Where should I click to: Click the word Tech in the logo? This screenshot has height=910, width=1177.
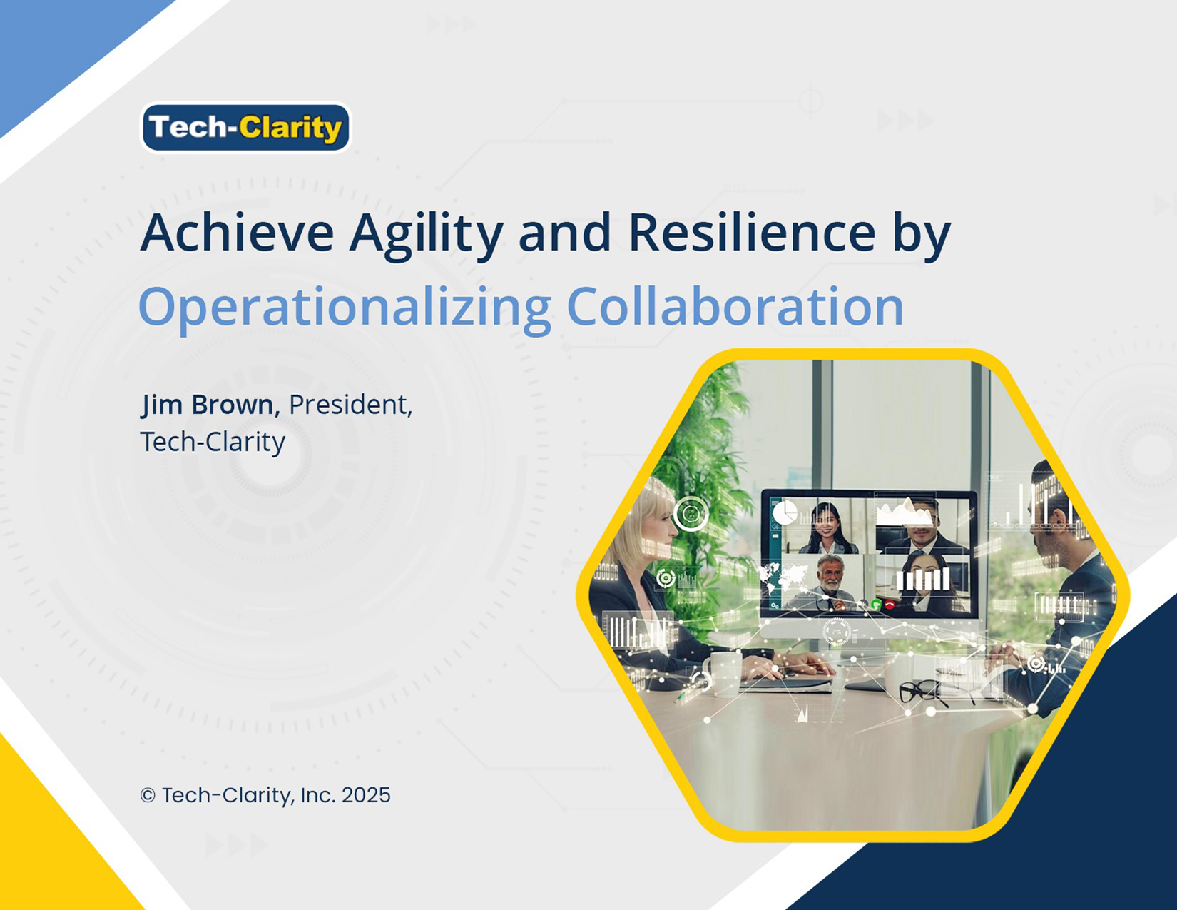pos(187,127)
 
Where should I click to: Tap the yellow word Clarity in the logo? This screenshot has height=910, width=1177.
pos(290,129)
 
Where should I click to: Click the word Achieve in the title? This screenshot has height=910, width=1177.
pos(238,233)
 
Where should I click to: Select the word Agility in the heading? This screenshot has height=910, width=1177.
pos(427,236)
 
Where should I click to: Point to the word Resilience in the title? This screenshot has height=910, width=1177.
pos(752,233)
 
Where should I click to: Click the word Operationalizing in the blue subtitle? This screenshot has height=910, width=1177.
pos(345,308)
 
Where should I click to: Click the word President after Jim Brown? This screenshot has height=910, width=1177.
pos(350,405)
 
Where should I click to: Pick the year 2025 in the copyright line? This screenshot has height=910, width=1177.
pos(366,795)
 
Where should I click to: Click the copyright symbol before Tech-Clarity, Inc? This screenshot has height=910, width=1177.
pos(148,796)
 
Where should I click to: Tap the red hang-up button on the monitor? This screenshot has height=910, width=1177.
pos(889,605)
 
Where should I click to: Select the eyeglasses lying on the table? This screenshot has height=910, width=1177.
pos(924,694)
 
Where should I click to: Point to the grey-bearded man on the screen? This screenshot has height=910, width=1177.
pos(829,582)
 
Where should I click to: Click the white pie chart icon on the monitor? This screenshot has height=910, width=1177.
pos(784,512)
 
